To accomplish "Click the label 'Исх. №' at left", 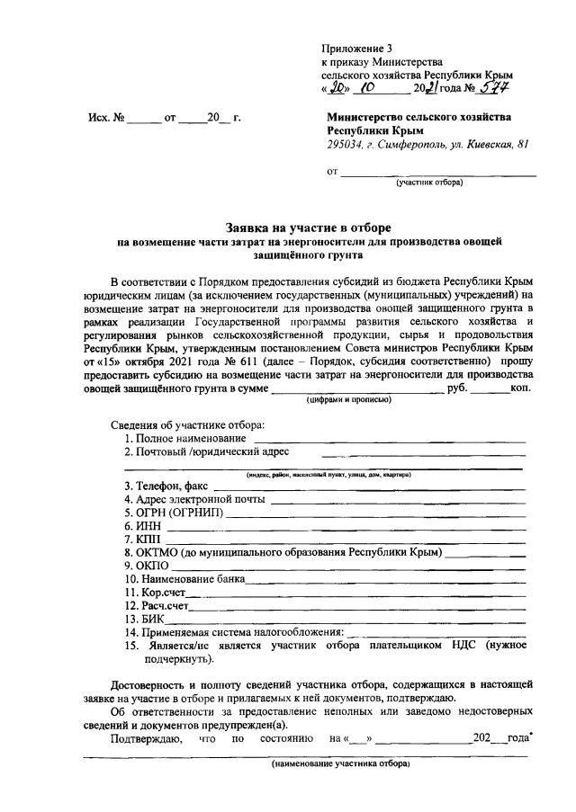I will point(104,117).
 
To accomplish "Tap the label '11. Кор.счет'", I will point(156,592).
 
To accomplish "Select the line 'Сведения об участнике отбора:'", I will point(187,424).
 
